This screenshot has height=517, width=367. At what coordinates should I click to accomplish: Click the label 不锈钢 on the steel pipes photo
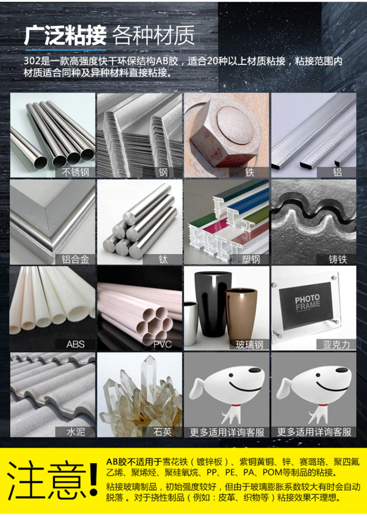coord(75,172)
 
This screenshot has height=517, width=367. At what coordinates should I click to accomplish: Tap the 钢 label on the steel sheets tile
coord(163,172)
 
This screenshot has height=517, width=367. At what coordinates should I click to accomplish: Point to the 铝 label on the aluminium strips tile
coord(337,172)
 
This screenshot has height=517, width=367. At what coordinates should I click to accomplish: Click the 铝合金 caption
coord(75,259)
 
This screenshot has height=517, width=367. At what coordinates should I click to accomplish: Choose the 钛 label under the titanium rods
coord(163,259)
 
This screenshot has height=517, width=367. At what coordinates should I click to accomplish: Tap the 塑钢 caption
coord(251,259)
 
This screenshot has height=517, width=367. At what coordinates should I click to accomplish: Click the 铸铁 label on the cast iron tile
coord(338,259)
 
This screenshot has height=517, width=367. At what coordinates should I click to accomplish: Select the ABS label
coord(76,344)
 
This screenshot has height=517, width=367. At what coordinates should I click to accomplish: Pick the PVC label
coord(163,344)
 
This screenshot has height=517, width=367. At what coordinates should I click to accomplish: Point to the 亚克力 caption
coord(336,345)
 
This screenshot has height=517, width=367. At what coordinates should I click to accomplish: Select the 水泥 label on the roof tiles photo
coord(76,432)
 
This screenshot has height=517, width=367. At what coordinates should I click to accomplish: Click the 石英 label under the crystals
coord(163,432)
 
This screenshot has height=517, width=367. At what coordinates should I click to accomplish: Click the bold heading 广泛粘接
coord(65,36)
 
